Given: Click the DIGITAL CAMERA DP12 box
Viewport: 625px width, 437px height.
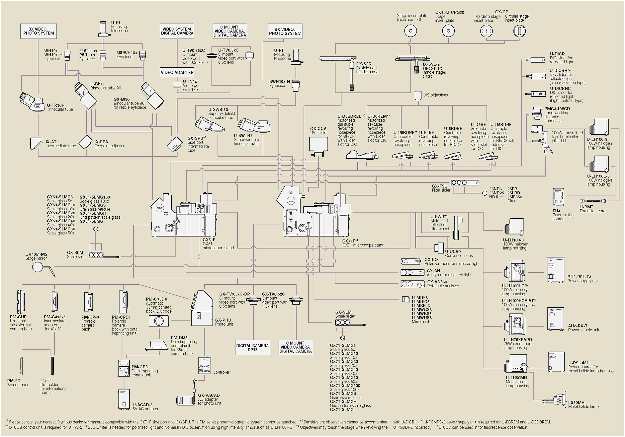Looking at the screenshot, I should tap(252, 347).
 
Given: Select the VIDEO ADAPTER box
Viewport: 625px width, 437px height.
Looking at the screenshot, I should tap(177, 72).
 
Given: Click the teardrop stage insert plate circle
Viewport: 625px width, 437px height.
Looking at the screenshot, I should tap(486, 31).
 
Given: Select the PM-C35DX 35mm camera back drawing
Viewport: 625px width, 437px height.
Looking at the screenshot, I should tap(158, 321).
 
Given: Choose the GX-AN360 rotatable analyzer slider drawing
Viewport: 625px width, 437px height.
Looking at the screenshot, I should tap(412, 284).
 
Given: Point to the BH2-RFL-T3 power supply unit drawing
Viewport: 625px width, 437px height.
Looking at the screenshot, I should tap(555, 270).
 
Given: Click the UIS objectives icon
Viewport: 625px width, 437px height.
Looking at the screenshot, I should tap(418, 95).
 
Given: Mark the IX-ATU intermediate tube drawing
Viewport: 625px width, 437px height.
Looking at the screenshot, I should tap(36, 143).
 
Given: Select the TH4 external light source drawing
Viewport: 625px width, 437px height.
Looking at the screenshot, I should tap(558, 197).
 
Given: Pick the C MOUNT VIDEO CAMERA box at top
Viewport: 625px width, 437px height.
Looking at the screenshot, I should tap(230, 31).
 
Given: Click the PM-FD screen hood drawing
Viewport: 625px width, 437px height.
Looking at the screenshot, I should tap(22, 366).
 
